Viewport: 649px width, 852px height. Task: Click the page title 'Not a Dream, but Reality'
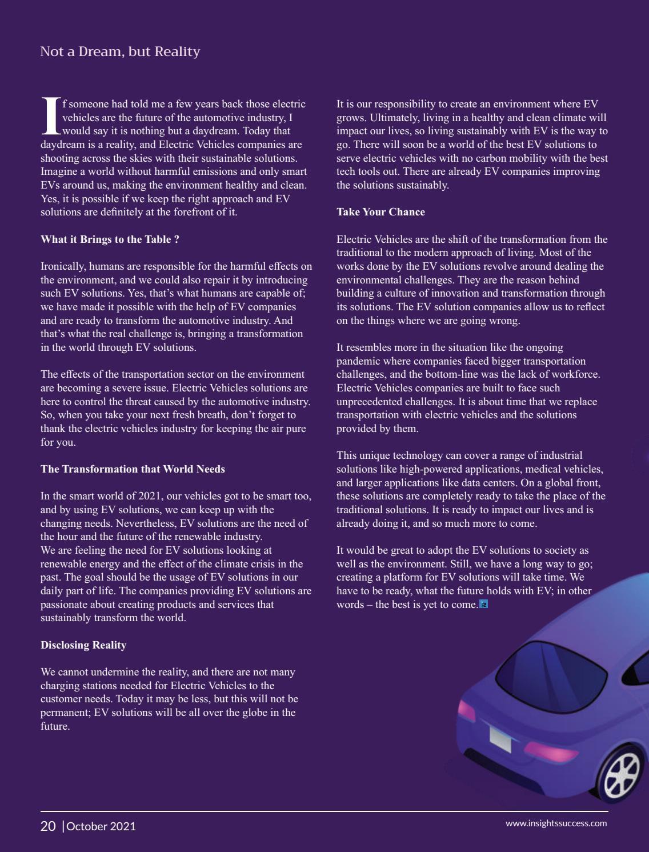(120, 51)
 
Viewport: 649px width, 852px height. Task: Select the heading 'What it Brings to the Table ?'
(110, 239)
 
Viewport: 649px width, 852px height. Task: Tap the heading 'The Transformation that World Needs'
(133, 469)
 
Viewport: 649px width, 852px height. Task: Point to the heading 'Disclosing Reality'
(83, 645)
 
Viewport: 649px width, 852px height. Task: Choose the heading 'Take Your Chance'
(380, 212)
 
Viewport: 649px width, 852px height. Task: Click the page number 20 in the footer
(48, 826)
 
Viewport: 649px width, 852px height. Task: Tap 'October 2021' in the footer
(101, 826)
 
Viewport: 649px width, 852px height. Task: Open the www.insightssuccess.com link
(556, 823)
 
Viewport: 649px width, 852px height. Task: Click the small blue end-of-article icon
(484, 604)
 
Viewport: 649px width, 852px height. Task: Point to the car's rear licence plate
(500, 739)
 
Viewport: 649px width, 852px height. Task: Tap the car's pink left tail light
(467, 711)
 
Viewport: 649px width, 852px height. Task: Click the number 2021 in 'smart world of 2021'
(148, 496)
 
